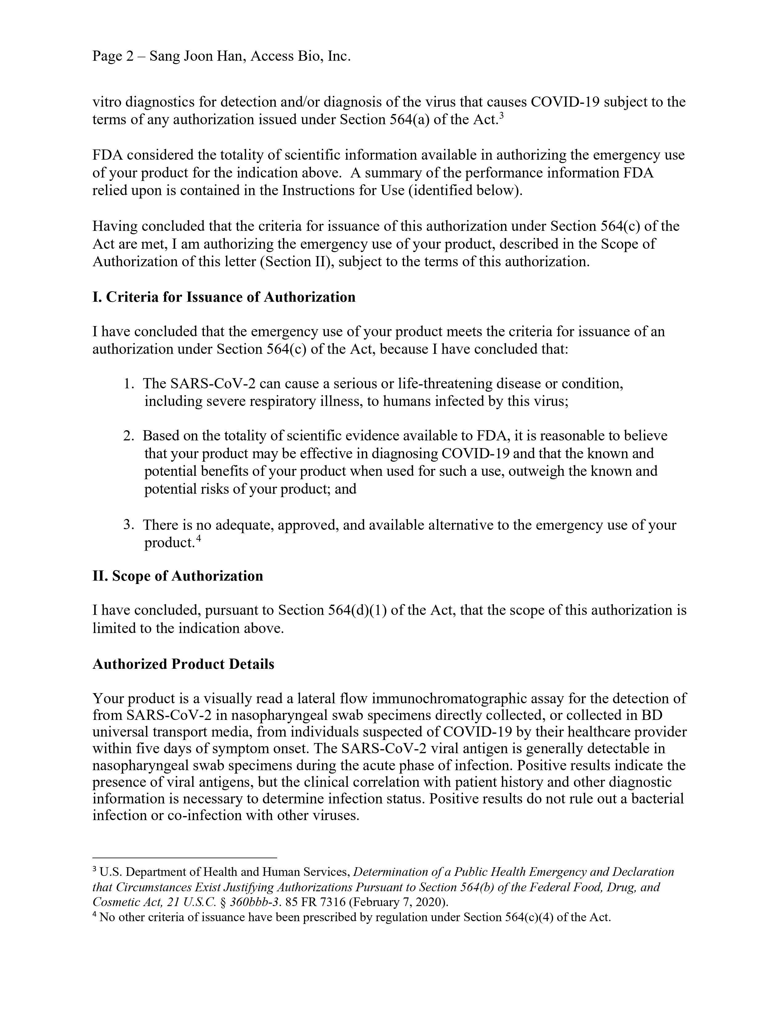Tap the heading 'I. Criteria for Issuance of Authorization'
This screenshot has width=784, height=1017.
point(224,297)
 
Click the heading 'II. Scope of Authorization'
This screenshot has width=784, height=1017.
point(178,576)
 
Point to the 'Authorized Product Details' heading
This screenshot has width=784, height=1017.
point(183,664)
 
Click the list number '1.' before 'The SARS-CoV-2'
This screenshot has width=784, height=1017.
point(129,384)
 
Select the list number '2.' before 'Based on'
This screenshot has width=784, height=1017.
point(129,436)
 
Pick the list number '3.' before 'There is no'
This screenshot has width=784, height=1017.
point(129,525)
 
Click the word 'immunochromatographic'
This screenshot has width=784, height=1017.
point(458,698)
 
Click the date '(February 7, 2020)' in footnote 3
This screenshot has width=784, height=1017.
point(399,902)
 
